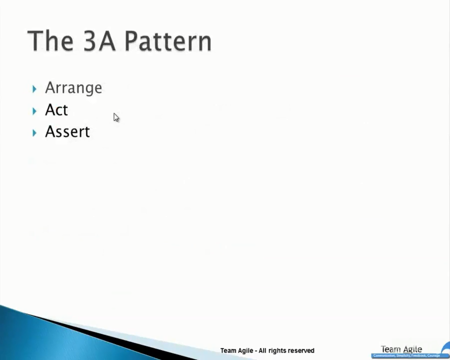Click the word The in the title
[x=50, y=41]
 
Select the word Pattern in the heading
[x=167, y=41]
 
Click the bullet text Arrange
[x=73, y=88]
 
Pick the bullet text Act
[x=56, y=110]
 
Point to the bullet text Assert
[x=67, y=132]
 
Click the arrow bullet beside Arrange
[x=34, y=89]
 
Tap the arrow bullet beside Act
[x=34, y=111]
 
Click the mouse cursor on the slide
[x=115, y=117]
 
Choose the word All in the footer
[x=263, y=350]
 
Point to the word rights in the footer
[x=278, y=350]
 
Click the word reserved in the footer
[x=301, y=350]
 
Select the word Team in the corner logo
[x=391, y=349]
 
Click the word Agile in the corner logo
[x=412, y=349]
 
